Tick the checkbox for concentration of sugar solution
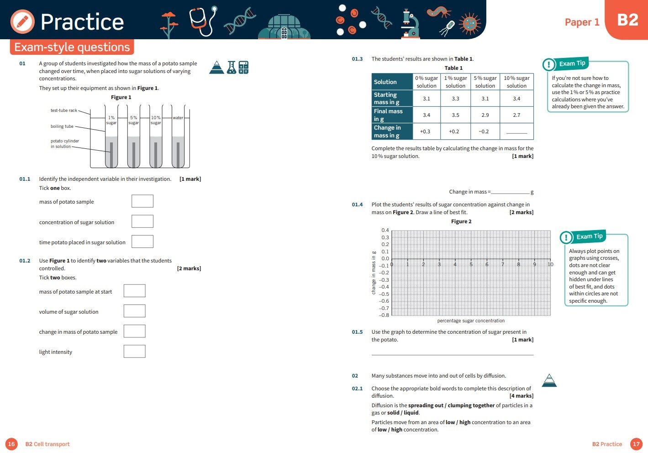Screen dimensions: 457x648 click(142, 221)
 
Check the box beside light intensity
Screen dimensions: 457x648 click(135, 351)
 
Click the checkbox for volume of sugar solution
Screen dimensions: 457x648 click(135, 311)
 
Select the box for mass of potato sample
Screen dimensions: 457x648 click(142, 201)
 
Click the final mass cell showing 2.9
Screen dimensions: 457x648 click(485, 115)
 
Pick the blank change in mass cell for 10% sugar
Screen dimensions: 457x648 click(516, 131)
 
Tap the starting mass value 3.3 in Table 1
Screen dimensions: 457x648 click(455, 99)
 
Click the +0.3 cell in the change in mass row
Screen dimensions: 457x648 click(425, 131)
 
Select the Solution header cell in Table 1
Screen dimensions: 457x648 click(392, 82)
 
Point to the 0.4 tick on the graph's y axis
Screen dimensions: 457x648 click(385, 230)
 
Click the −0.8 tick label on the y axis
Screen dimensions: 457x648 click(385, 315)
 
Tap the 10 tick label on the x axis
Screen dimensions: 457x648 click(550, 264)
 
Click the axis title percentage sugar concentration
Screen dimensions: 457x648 click(471, 320)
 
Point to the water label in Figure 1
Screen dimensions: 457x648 click(178, 118)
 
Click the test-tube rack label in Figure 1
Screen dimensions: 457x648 click(64, 110)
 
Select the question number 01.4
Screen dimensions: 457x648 click(357, 205)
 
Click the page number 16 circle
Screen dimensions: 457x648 click(11, 444)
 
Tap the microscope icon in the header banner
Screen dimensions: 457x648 click(410, 23)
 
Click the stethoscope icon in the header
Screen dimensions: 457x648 click(203, 21)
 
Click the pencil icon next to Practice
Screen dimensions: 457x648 click(22, 21)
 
